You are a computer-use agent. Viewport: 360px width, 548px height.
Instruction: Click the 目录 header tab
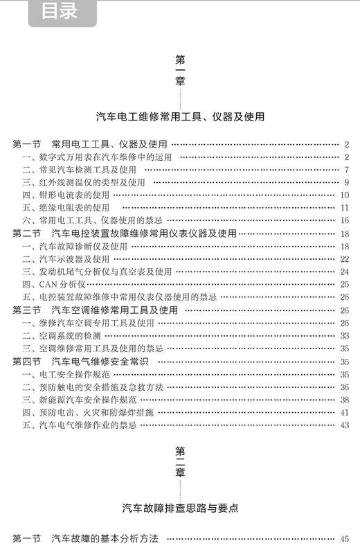tap(59, 12)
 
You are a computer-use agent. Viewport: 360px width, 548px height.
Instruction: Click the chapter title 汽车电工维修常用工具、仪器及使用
tap(180, 116)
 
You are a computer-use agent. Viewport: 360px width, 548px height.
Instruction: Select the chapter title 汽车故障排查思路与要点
tap(180, 507)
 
